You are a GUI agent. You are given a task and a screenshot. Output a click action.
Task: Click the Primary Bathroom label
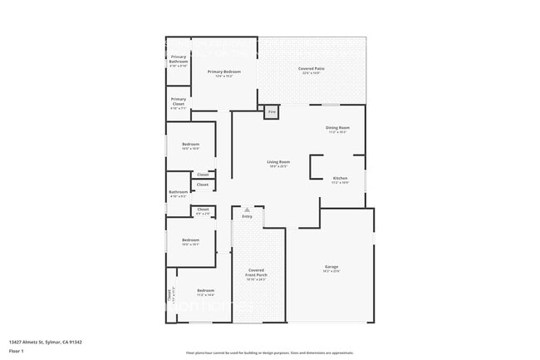point(178,59)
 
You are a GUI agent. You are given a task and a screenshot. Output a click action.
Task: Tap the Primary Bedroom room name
point(219,72)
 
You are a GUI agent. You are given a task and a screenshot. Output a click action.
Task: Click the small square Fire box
point(272,111)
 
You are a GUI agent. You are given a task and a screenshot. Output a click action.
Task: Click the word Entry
point(247,216)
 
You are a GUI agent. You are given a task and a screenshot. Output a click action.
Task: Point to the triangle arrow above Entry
point(247,210)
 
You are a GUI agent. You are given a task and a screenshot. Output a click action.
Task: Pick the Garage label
point(331,267)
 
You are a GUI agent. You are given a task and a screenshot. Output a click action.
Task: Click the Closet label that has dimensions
point(203,211)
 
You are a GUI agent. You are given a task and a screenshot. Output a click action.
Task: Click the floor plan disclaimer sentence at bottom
point(269,353)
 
